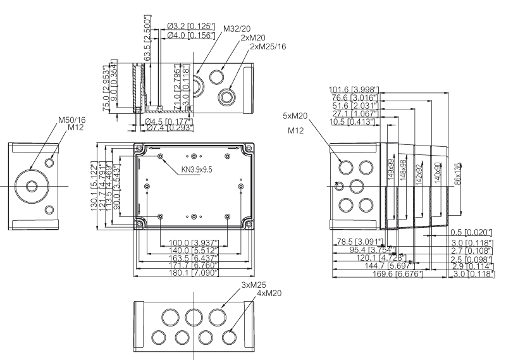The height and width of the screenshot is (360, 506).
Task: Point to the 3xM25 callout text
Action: [x=254, y=285]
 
